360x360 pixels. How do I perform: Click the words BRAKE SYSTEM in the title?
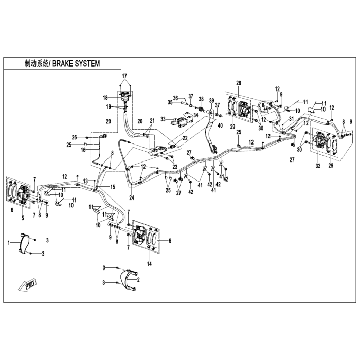pos(76,64)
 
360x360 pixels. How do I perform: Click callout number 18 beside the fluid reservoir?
pos(105,98)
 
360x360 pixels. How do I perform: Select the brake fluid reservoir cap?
pos(125,94)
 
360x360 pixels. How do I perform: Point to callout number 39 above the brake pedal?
pos(212,101)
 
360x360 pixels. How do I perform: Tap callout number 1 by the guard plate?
pos(9,242)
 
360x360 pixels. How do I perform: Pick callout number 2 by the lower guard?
pos(138,280)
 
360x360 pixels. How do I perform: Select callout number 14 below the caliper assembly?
pos(149,264)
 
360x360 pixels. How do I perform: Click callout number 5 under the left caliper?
pos(23,218)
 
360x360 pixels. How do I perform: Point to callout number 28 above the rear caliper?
pos(239,83)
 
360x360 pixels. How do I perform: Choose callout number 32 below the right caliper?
pos(318,165)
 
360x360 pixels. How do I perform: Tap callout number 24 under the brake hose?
pos(132,197)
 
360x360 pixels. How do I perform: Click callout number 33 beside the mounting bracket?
pos(163,119)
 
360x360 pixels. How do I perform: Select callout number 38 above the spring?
pos(201,99)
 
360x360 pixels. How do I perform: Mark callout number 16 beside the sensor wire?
pos(83,150)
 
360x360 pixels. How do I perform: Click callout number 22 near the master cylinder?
pos(185,138)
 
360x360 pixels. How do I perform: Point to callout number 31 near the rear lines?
pos(292,119)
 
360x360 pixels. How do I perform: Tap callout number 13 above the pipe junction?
pos(86,181)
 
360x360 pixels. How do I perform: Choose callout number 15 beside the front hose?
pos(113,187)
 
